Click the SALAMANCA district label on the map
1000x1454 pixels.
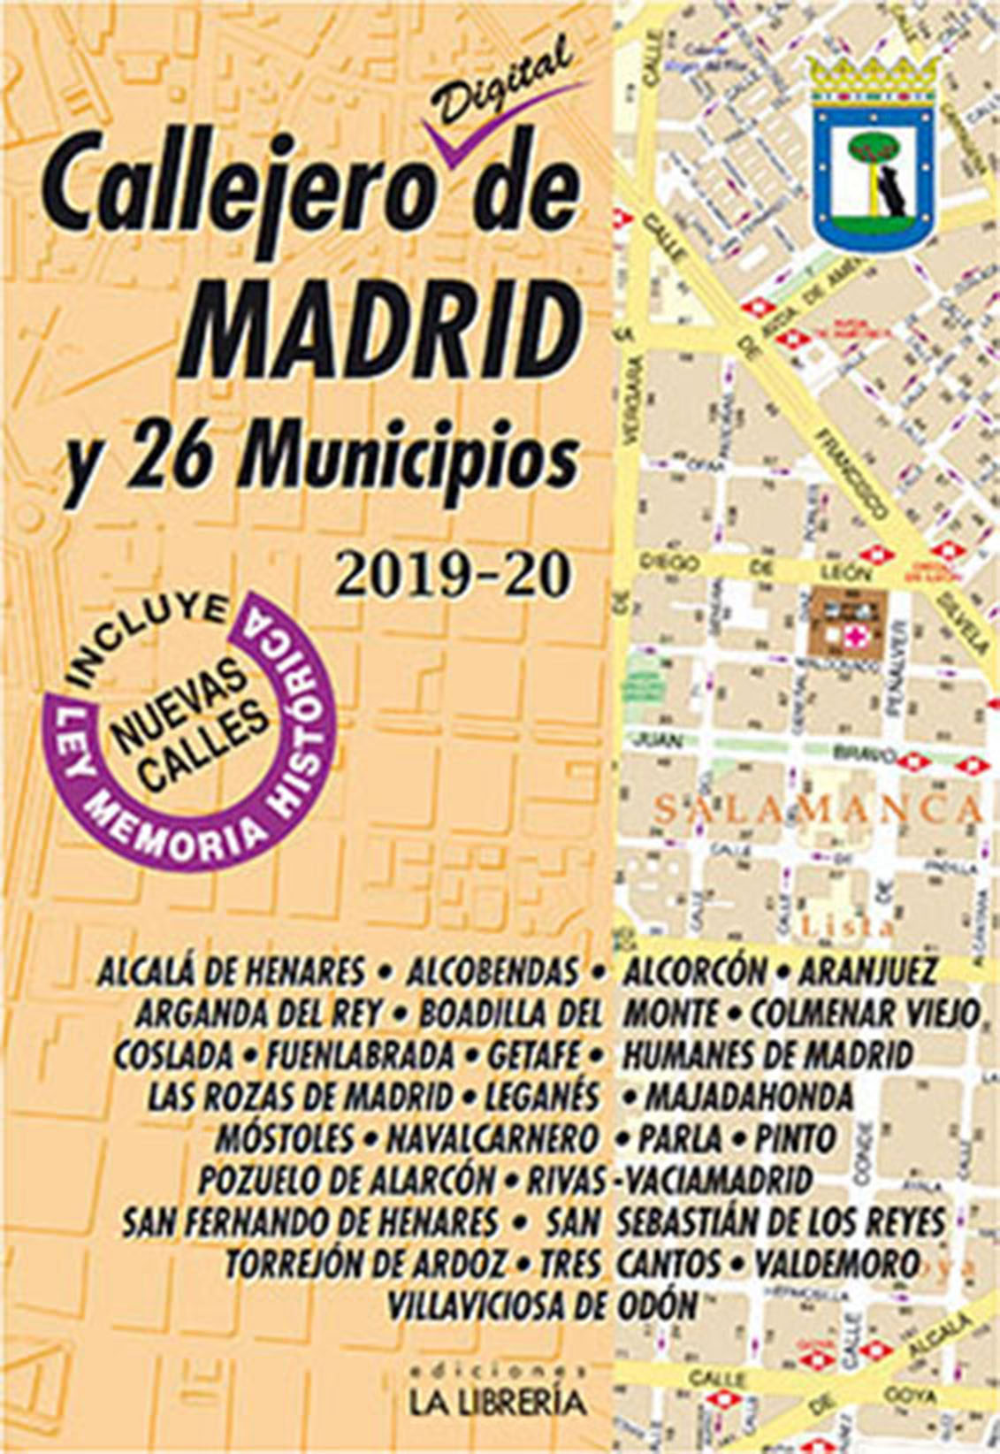click(819, 807)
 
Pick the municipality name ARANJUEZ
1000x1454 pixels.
click(866, 973)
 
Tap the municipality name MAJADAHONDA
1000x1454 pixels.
click(749, 1098)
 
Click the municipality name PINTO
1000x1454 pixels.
click(795, 1138)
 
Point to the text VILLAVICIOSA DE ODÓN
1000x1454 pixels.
click(543, 1305)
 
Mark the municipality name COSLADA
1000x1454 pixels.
click(173, 1055)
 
